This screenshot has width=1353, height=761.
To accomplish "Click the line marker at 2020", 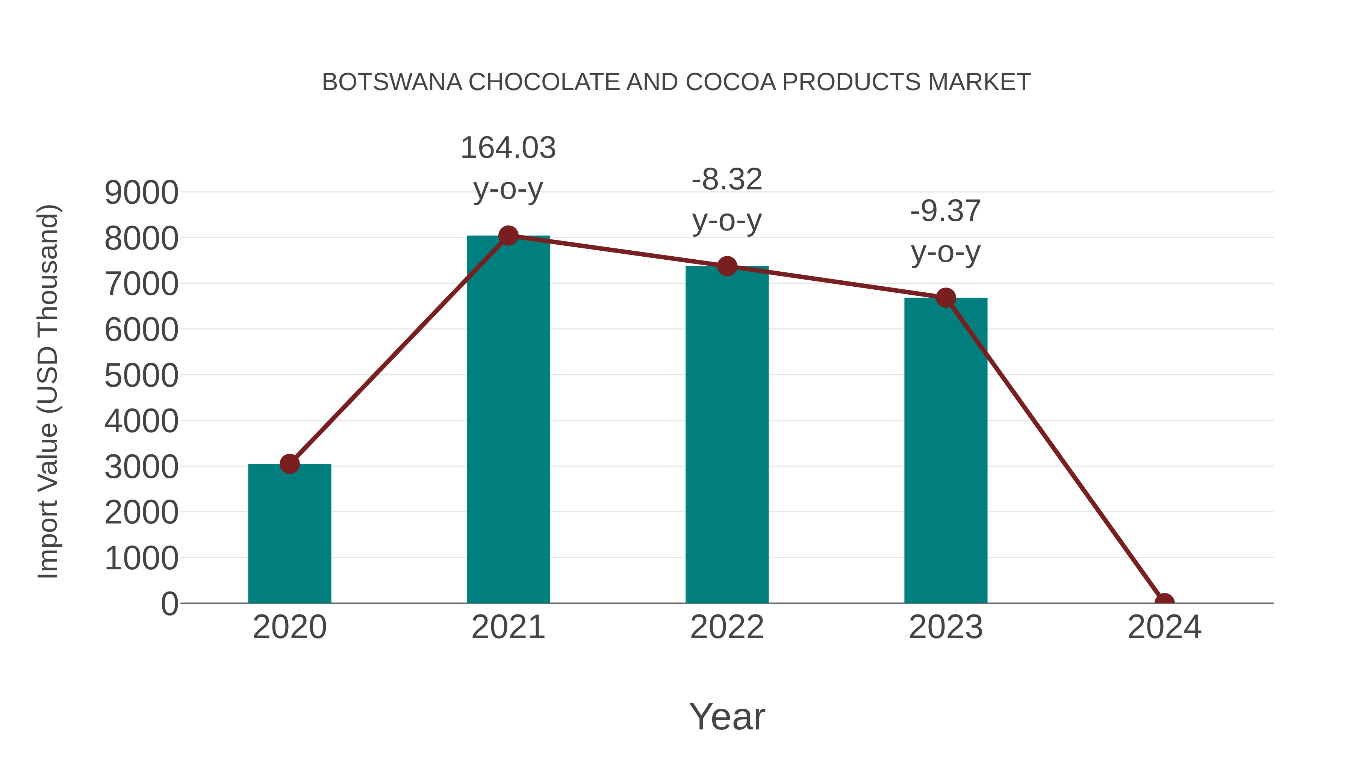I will tap(289, 464).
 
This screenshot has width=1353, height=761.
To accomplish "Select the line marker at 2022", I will tap(727, 266).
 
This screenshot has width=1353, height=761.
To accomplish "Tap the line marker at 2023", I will tap(946, 298).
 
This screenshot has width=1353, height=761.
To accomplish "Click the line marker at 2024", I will tap(1164, 602).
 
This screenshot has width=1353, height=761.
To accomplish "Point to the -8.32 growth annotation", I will tap(727, 180).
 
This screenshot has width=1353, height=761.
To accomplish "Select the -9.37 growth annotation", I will tap(946, 211).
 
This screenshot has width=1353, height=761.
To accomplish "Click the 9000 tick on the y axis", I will tap(141, 193).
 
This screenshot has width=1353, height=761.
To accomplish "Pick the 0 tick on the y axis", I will tap(170, 604).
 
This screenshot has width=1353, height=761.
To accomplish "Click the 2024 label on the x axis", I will tap(1164, 627).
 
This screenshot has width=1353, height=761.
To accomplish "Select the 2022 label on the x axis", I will tap(727, 627).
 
